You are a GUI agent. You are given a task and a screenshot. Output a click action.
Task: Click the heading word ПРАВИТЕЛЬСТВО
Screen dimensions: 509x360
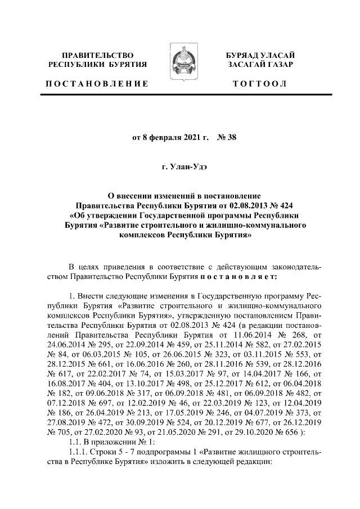(98, 56)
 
